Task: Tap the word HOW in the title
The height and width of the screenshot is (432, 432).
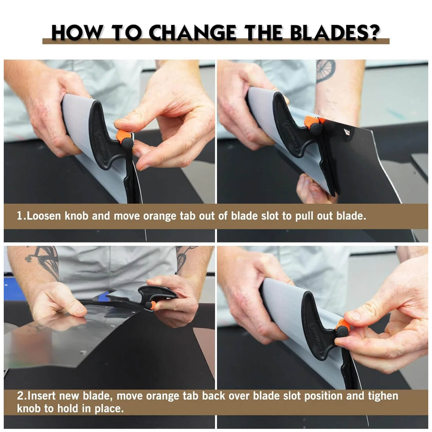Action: pos(76,33)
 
